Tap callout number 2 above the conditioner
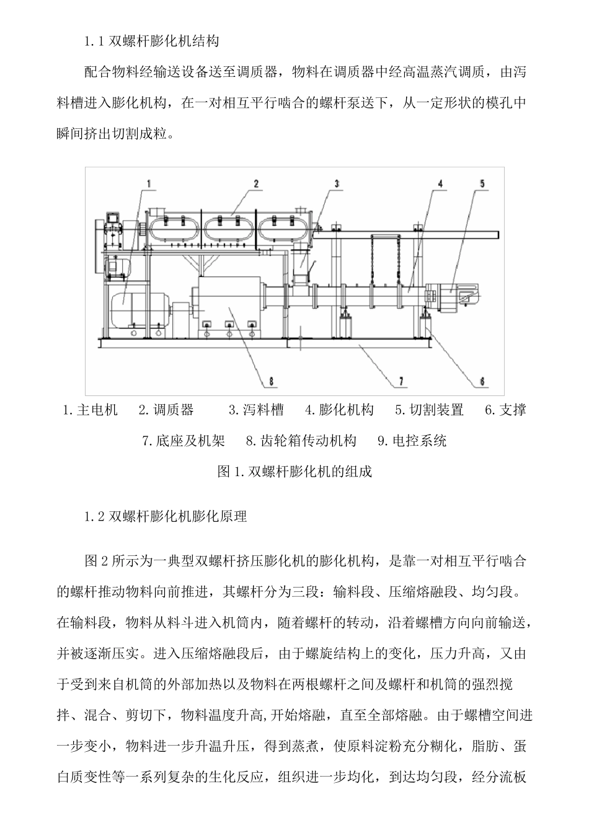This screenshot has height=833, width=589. (255, 183)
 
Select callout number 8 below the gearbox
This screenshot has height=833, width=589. (270, 380)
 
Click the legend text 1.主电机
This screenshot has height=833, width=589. (91, 410)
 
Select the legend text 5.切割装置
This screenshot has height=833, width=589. (429, 410)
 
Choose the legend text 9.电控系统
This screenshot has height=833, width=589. (412, 441)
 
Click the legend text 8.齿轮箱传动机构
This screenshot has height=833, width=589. (301, 441)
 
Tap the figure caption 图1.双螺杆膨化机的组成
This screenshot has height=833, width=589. (294, 472)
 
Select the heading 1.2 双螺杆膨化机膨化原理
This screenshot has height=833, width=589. (166, 516)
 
